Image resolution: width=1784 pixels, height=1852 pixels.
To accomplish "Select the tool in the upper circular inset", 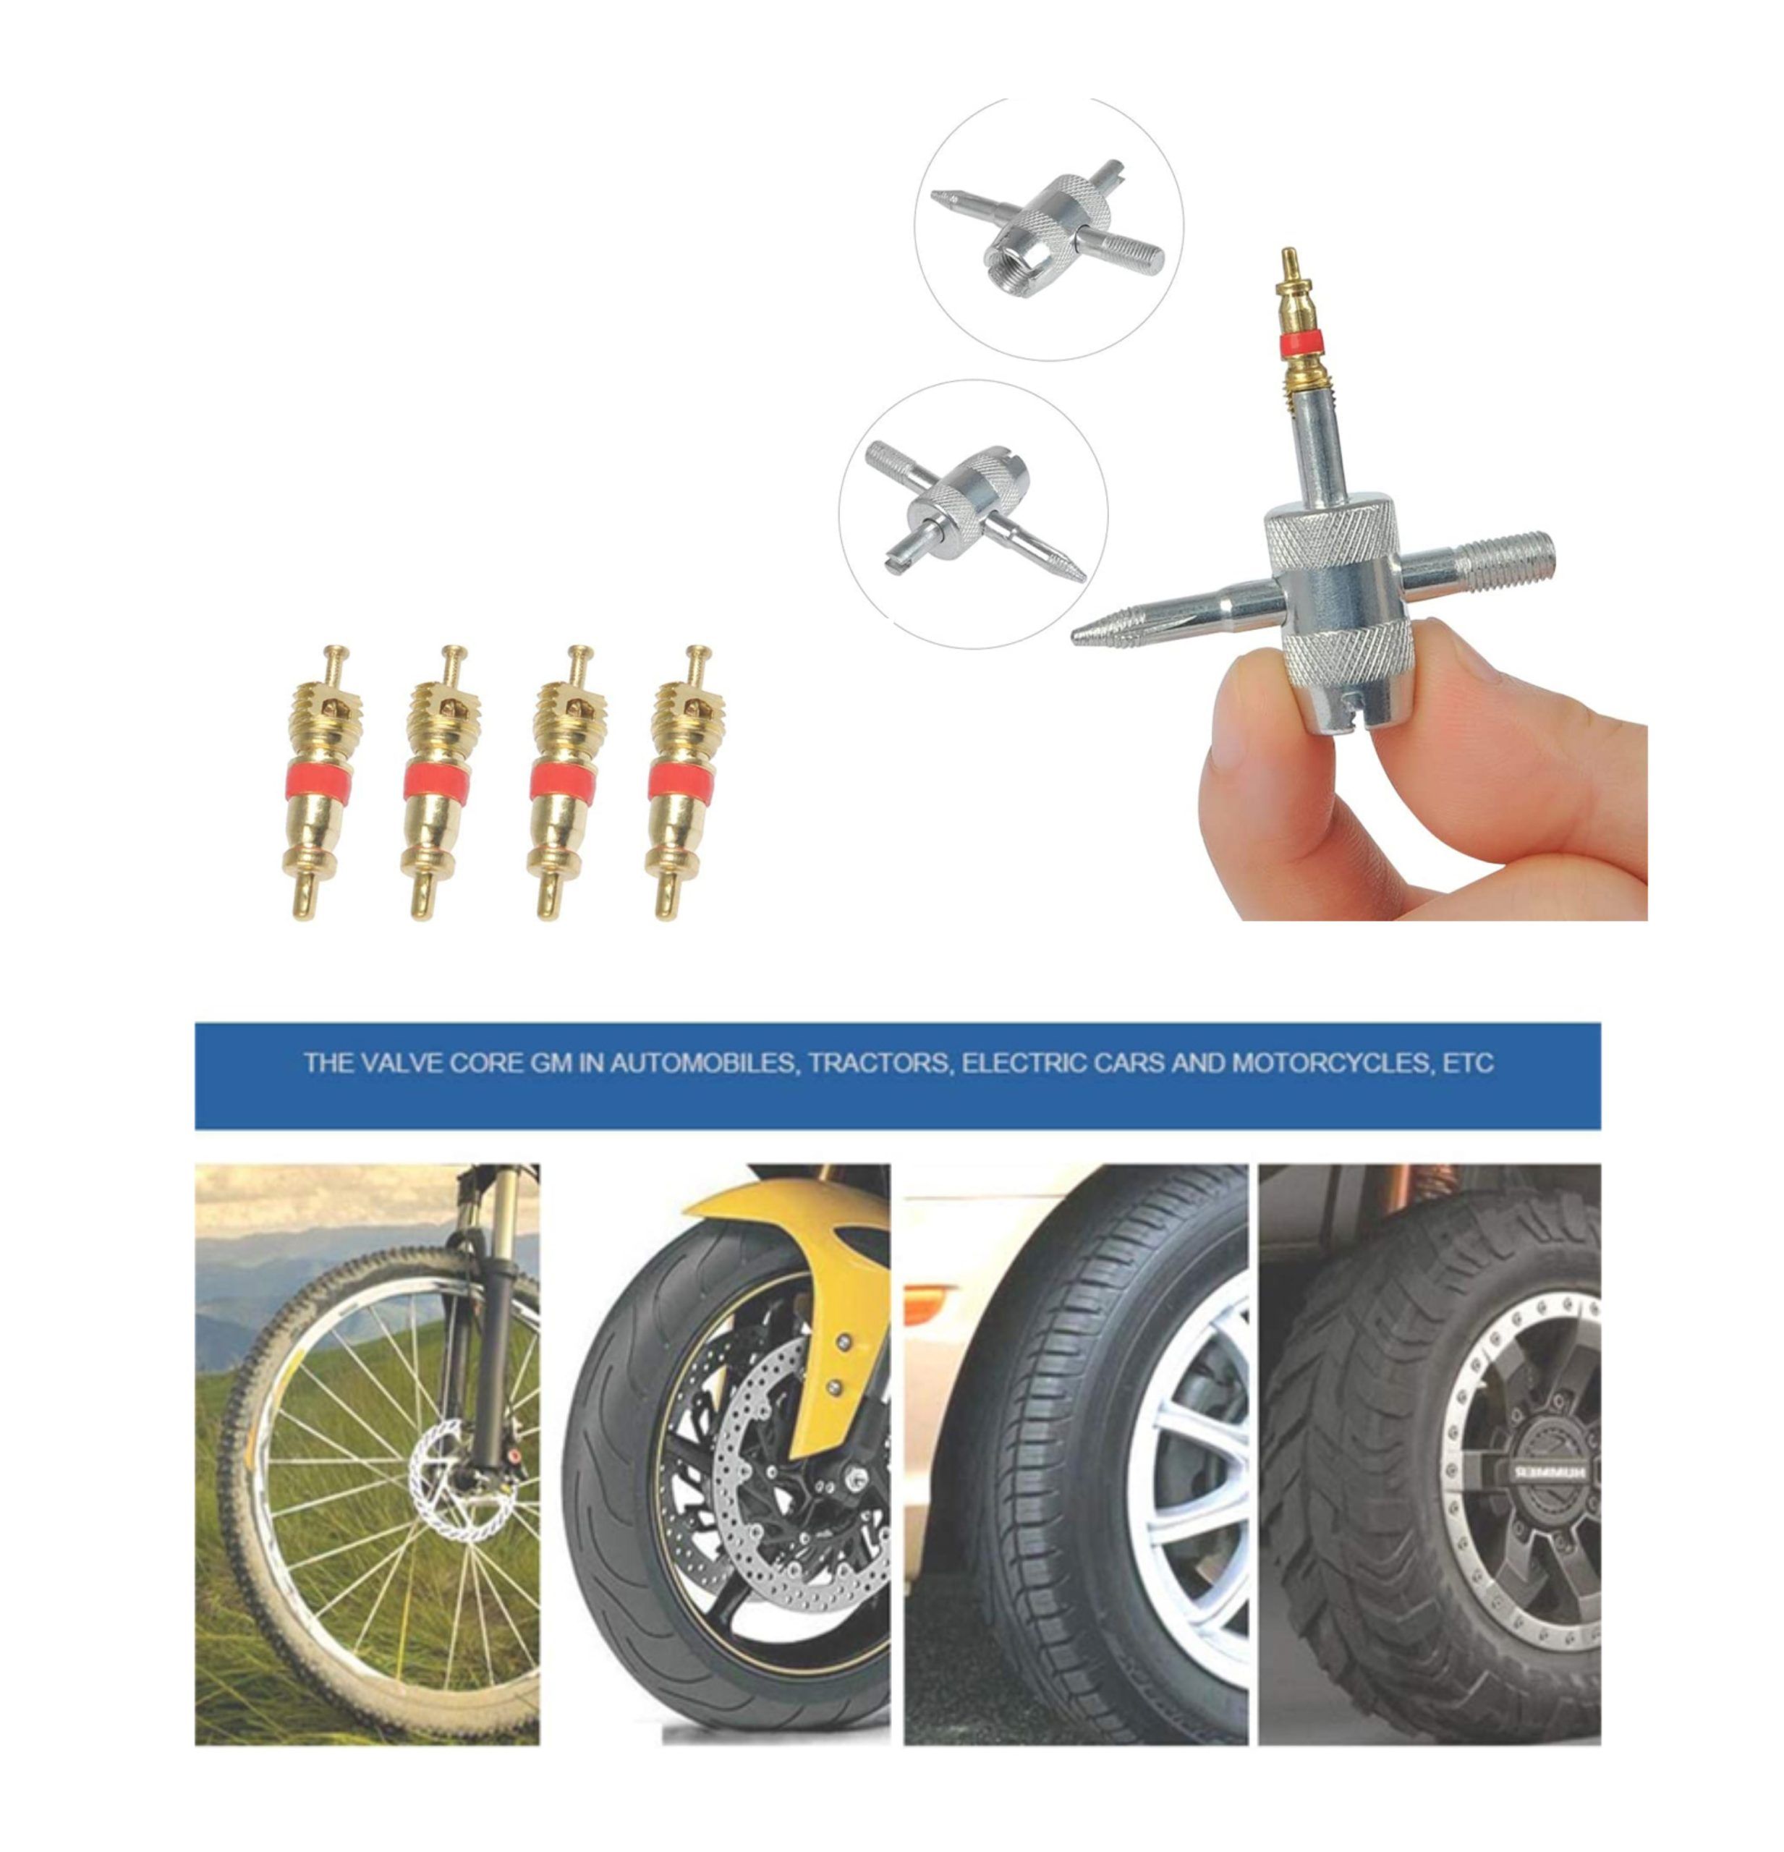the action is click(x=1047, y=226).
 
